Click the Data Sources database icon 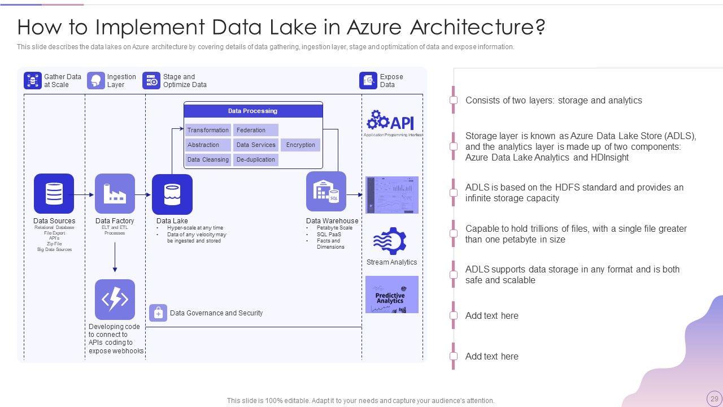coord(54,193)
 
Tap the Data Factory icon coord(115,193)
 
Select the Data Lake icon coord(172,194)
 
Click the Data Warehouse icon coord(326,192)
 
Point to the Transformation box coord(208,130)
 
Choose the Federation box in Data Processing coord(256,130)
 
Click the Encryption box coord(300,145)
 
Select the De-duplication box coord(256,159)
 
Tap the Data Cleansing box coord(208,159)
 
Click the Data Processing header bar coord(253,111)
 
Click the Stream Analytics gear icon coord(390,241)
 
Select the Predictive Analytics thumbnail coord(391,295)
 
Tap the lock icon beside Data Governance coord(158,313)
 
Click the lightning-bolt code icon coord(115,299)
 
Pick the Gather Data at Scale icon coord(33,81)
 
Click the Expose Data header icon coord(368,81)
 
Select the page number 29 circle coord(715,399)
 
